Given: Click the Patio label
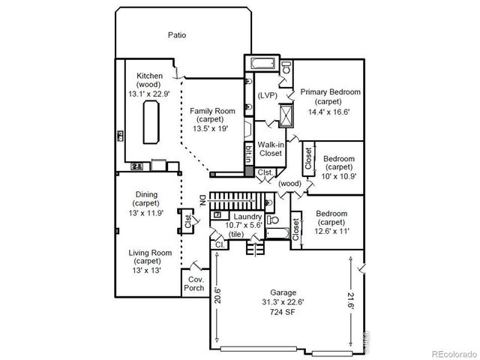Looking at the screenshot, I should click(177, 35).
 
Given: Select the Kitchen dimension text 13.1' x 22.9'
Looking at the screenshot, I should click(151, 93).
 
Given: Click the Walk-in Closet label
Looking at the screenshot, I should click(270, 148).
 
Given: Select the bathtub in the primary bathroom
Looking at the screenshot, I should click(262, 64).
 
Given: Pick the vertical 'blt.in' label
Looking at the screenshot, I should click(248, 153).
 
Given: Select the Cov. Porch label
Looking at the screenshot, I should click(195, 283).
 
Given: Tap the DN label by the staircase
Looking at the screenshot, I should click(202, 200).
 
